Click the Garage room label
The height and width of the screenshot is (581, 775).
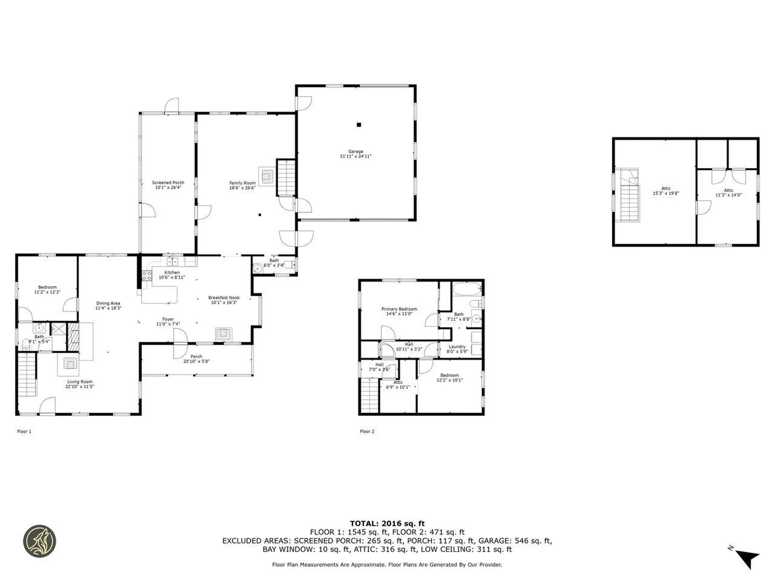(x=356, y=151)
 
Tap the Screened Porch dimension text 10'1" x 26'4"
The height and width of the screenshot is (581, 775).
(x=168, y=187)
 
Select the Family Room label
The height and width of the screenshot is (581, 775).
(x=242, y=183)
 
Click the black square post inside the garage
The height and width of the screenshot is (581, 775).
(x=358, y=125)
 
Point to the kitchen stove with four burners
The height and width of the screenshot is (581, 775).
(x=147, y=276)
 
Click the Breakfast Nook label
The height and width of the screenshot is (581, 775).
(x=224, y=297)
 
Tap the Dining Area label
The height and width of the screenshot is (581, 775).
(x=108, y=303)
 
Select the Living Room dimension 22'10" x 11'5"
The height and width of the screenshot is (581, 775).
(x=80, y=387)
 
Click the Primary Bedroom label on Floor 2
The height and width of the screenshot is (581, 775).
(x=399, y=309)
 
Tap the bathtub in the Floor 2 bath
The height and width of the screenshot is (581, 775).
(x=467, y=289)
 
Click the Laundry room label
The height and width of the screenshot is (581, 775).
(x=457, y=347)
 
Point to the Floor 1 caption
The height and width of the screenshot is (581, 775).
(x=24, y=431)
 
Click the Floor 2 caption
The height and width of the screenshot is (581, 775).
(x=367, y=431)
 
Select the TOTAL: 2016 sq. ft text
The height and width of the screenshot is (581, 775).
(x=387, y=524)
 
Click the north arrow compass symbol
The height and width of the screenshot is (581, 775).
(x=748, y=558)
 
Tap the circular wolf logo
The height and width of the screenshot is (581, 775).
(x=40, y=541)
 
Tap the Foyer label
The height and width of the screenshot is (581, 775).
(x=168, y=319)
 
